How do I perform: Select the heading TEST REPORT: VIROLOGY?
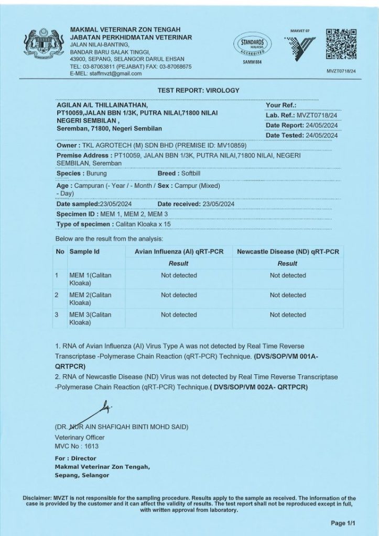coord(198,91)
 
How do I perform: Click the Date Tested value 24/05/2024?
coord(320,136)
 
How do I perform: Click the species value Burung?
coord(94,173)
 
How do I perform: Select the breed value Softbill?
coord(193,173)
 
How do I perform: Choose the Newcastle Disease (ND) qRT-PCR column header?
coord(288,252)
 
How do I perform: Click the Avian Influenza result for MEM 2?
coord(179,295)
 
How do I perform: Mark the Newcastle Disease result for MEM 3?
coord(288,315)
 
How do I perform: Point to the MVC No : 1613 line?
coord(76,446)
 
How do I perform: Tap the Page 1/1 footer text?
coord(343,523)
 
